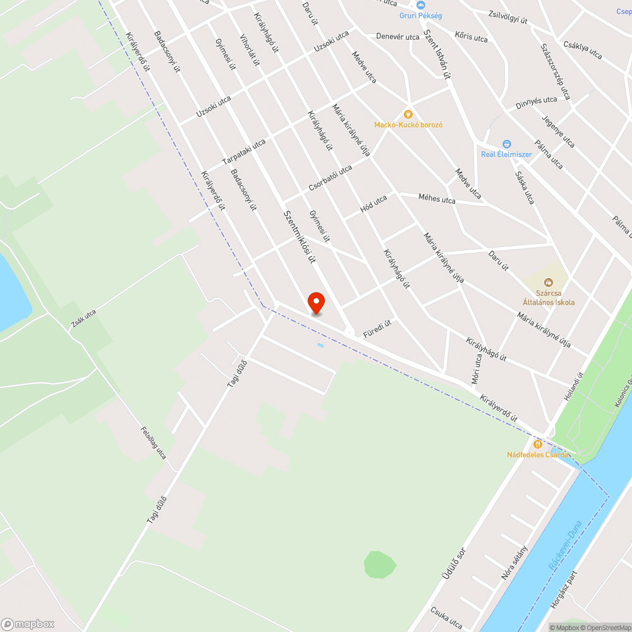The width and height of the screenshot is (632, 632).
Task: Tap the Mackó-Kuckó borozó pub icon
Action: [x=408, y=114]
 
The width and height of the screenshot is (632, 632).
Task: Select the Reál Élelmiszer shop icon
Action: [x=506, y=144]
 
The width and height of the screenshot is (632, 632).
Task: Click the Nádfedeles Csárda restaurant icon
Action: [x=537, y=444]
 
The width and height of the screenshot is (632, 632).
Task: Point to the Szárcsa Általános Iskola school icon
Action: [x=548, y=282]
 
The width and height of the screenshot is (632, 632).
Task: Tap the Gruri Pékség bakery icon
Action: [x=420, y=4]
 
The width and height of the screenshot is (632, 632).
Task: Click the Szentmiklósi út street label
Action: [x=300, y=236]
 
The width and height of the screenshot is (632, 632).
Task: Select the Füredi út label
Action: [x=378, y=329]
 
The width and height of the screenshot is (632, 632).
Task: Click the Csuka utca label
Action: [x=446, y=617]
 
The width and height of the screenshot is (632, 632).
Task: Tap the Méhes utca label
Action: [x=437, y=199]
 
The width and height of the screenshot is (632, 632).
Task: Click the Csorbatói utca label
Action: [x=330, y=179]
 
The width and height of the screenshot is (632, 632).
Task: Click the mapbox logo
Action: [x=28, y=624]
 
